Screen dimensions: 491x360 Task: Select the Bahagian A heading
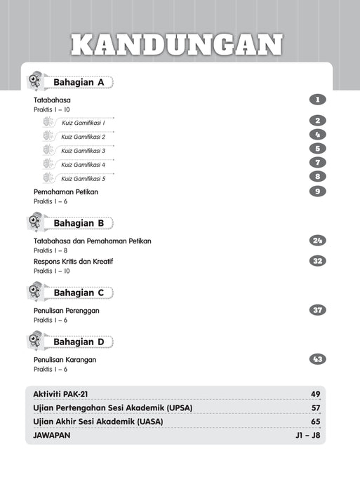79,82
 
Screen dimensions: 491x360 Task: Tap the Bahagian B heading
79,223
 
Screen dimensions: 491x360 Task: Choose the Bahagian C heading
79,292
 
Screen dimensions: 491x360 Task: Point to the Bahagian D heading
79,342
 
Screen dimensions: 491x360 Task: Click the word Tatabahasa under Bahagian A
52,100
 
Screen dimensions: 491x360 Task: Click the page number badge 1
317,100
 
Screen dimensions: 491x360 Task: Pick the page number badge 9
317,191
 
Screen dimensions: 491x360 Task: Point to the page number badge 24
317,241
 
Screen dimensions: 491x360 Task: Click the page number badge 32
317,261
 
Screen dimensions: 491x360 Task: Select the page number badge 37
317,310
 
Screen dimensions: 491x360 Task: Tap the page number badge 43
317,360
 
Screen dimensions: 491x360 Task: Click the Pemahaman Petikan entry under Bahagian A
66,191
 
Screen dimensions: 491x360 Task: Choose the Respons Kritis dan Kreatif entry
74,261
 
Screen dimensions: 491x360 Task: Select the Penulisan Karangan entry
65,360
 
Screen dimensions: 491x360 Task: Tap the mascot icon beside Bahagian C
36,291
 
